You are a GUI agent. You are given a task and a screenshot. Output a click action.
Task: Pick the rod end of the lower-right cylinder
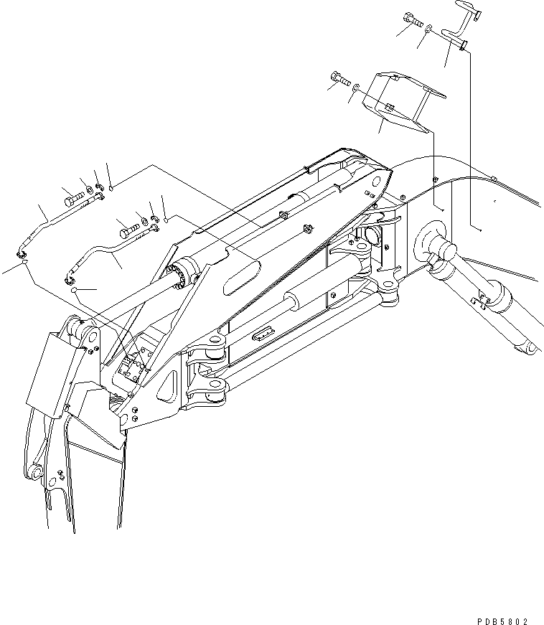tap(527, 347)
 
